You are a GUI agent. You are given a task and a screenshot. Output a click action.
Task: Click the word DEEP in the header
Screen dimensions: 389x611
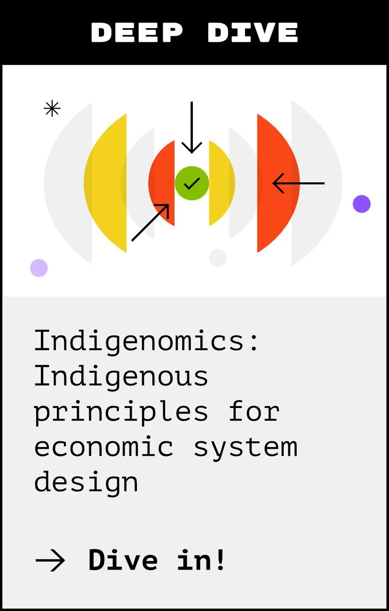tap(137, 32)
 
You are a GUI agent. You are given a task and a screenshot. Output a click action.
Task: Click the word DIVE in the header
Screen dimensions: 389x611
tap(253, 32)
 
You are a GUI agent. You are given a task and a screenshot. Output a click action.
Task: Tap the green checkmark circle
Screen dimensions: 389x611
tap(192, 183)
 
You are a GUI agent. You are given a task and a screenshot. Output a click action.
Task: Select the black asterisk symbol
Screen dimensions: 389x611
tap(52, 109)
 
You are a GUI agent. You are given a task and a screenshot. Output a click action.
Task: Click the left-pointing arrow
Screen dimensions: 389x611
tap(298, 183)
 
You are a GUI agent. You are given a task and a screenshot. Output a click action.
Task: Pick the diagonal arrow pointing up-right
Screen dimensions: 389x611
tap(150, 222)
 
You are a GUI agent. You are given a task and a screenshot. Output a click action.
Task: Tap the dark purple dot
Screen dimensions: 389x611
tap(362, 204)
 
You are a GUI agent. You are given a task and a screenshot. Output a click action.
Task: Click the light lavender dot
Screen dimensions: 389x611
tap(39, 268)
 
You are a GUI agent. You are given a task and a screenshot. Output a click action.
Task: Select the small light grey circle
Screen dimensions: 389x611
tap(218, 258)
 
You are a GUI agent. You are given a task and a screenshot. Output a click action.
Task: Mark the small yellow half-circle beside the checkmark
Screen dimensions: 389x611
tap(221, 183)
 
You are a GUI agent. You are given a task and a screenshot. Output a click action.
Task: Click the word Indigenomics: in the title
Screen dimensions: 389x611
tap(147, 341)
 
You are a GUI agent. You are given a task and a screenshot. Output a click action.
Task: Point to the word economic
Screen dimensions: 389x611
tap(103, 446)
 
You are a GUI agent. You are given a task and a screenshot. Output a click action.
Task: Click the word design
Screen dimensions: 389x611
tap(86, 482)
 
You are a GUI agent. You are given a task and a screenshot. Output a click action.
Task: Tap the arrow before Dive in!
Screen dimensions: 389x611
tap(50, 560)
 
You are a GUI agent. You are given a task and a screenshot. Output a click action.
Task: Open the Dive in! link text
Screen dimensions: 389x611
tap(157, 559)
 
